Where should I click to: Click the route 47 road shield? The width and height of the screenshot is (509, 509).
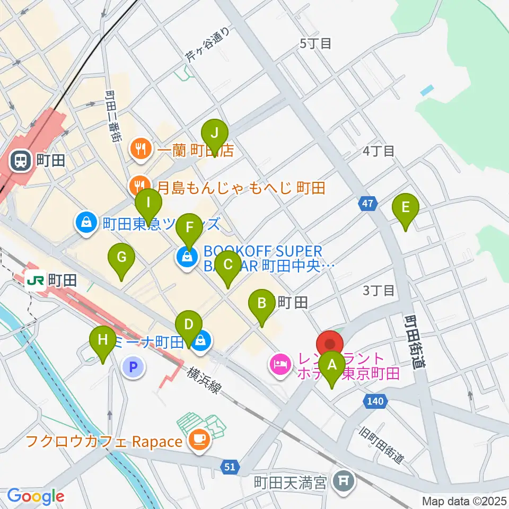(x=369, y=203)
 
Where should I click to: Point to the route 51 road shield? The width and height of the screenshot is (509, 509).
(x=229, y=467)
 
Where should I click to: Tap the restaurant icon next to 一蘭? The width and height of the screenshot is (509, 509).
(x=141, y=150)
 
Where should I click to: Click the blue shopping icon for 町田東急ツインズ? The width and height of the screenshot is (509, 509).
(x=85, y=223)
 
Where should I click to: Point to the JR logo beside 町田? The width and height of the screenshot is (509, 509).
(x=36, y=279)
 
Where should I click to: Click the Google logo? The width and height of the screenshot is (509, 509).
(x=36, y=496)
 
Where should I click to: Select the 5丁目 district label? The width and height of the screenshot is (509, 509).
(x=315, y=43)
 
